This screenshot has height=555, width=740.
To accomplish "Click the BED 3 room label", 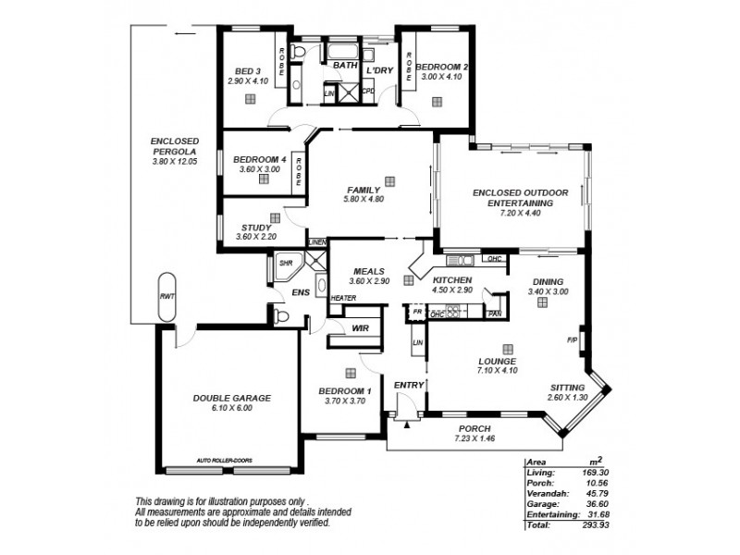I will coord(246,71).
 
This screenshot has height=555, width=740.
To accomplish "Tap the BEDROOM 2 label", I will coord(439,67).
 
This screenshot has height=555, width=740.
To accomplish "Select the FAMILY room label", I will coord(362,189).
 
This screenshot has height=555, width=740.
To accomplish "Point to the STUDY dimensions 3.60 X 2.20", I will coord(256,237).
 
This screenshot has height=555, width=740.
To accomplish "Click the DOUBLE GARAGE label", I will coord(231,398).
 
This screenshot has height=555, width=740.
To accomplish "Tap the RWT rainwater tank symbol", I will coord(166,297).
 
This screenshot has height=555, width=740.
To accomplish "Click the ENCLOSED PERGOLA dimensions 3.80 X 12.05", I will coord(175,162).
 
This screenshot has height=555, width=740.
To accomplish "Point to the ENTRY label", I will coord(408,385).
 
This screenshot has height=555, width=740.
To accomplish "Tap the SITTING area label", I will coord(567,388).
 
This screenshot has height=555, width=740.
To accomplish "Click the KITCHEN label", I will coord(452,280).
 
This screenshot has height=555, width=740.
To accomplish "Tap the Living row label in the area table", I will coord(539,473).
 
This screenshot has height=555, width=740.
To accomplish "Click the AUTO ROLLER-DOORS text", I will coord(224,460).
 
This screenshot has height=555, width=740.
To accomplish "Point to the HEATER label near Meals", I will coord(343,298).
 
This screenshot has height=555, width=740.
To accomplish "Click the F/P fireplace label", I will coord(571,340).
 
